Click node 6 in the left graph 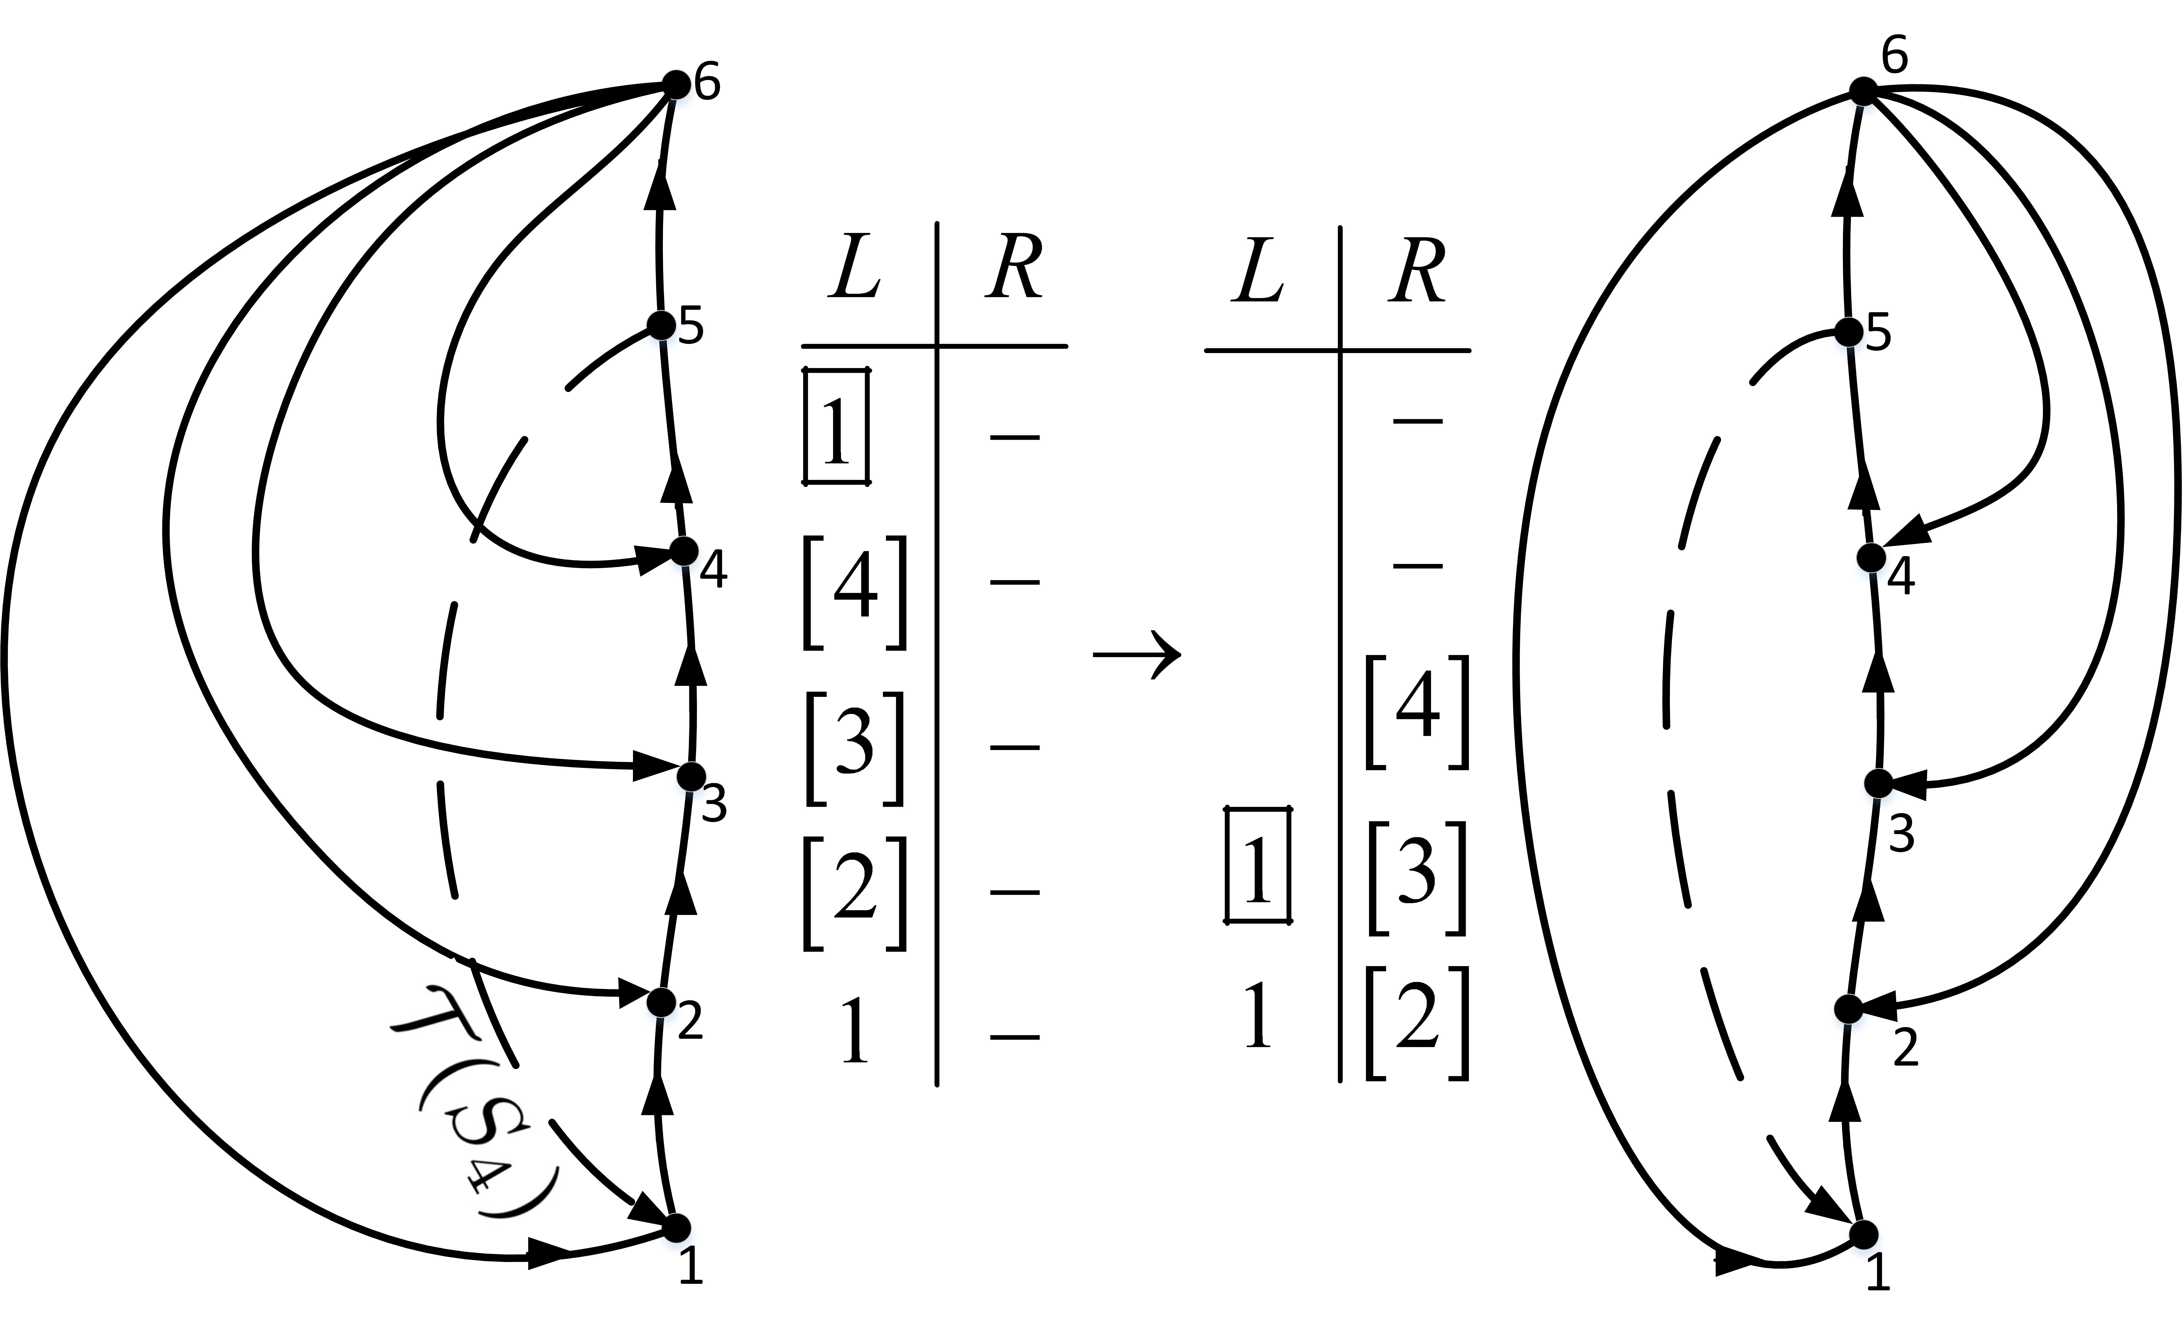pos(676,84)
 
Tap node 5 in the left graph pos(661,325)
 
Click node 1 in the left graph pos(676,1227)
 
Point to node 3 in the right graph pos(1878,783)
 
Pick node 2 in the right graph pos(1848,1008)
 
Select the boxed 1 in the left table pos(836,427)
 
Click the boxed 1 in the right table pos(1258,865)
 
